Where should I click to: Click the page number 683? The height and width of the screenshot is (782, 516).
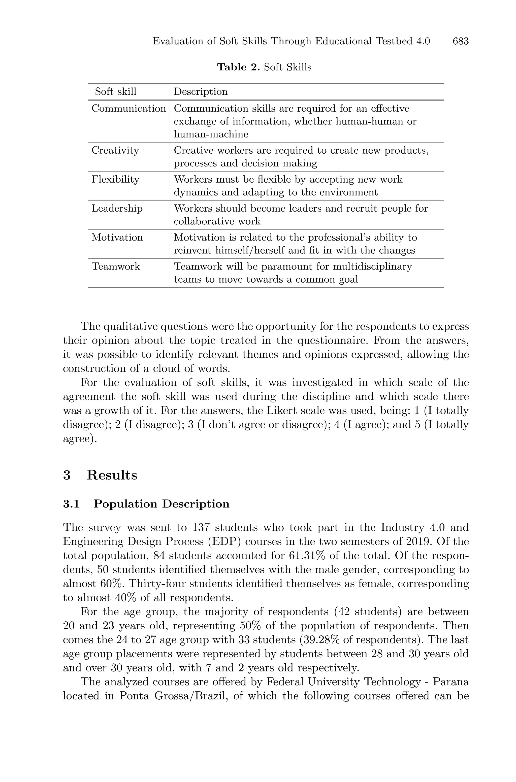pos(460,42)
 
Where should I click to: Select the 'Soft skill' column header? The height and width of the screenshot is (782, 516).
pos(115,91)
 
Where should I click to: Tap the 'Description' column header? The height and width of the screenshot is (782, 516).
pos(200,91)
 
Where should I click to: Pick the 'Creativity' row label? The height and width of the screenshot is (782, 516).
pos(115,150)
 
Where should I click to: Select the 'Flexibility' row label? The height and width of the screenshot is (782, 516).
pos(115,179)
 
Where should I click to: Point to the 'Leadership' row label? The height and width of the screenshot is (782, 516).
pos(117,208)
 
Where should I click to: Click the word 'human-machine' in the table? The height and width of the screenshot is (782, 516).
pos(211,134)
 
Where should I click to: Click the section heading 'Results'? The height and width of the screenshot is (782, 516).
pos(112,475)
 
